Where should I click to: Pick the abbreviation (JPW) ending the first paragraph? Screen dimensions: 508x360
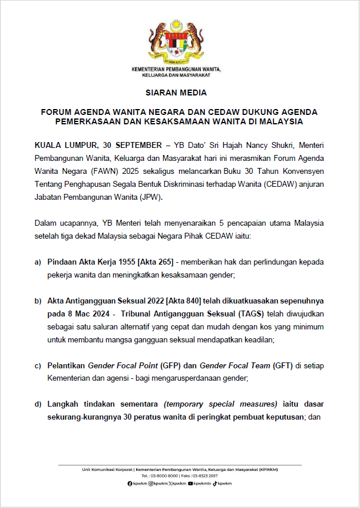click(x=150, y=197)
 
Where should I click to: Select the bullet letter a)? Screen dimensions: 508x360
click(x=38, y=262)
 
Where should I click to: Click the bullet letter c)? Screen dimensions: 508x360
click(x=38, y=365)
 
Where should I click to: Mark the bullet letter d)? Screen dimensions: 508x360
click(x=38, y=404)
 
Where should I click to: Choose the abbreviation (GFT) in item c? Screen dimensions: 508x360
click(x=283, y=365)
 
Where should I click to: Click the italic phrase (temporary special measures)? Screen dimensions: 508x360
click(x=220, y=404)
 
